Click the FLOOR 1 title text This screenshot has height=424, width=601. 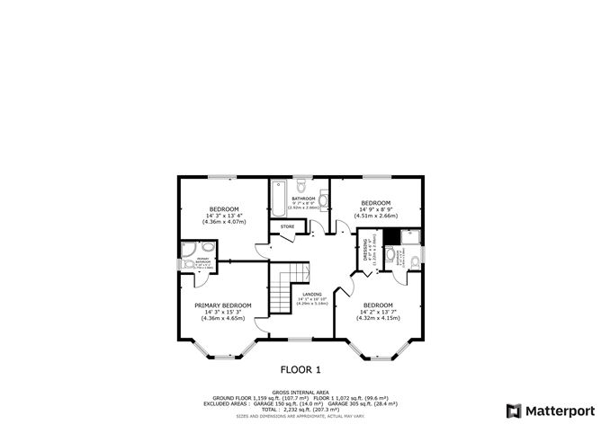tap(300, 369)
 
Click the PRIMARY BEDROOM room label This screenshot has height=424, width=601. tap(224, 305)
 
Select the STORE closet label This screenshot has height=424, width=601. tap(287, 226)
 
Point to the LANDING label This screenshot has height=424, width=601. tap(312, 294)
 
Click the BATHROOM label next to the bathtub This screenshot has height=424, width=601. tap(302, 199)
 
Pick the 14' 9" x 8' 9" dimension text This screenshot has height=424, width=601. tap(375, 209)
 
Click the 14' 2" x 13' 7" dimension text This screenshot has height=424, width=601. tap(378, 312)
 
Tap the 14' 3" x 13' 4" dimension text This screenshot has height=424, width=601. tap(224, 216)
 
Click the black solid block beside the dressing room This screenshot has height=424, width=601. tap(390, 237)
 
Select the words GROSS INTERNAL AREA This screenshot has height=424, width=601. tap(300, 392)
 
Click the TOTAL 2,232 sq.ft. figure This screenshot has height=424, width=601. tap(300, 408)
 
